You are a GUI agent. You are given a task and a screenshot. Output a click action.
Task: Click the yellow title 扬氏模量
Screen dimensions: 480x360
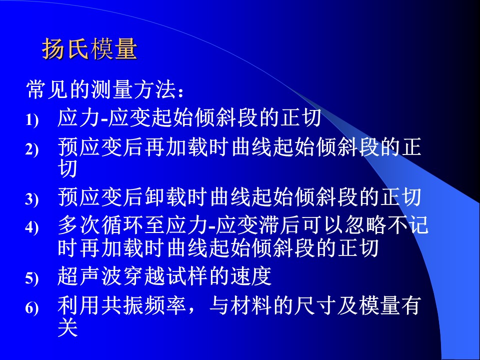[89, 49]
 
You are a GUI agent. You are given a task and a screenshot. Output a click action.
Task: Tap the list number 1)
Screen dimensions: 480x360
[32, 120]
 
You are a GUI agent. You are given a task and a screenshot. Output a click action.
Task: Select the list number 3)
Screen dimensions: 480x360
[32, 199]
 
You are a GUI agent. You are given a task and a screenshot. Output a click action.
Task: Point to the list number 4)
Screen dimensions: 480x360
[32, 227]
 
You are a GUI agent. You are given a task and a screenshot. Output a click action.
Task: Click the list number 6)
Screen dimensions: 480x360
[32, 308]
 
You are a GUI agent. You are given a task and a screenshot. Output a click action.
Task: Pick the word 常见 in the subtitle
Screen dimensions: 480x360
[47, 89]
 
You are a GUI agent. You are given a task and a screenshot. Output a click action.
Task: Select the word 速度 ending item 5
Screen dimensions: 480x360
[251, 276]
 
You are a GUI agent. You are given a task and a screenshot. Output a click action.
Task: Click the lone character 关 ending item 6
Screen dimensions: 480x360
[67, 327]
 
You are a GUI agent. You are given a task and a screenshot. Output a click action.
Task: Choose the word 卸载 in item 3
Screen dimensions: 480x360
[165, 197]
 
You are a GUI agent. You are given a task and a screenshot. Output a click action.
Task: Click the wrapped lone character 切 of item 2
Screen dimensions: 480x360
[67, 168]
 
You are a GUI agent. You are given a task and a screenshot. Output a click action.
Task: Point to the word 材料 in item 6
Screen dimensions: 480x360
[251, 305]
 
